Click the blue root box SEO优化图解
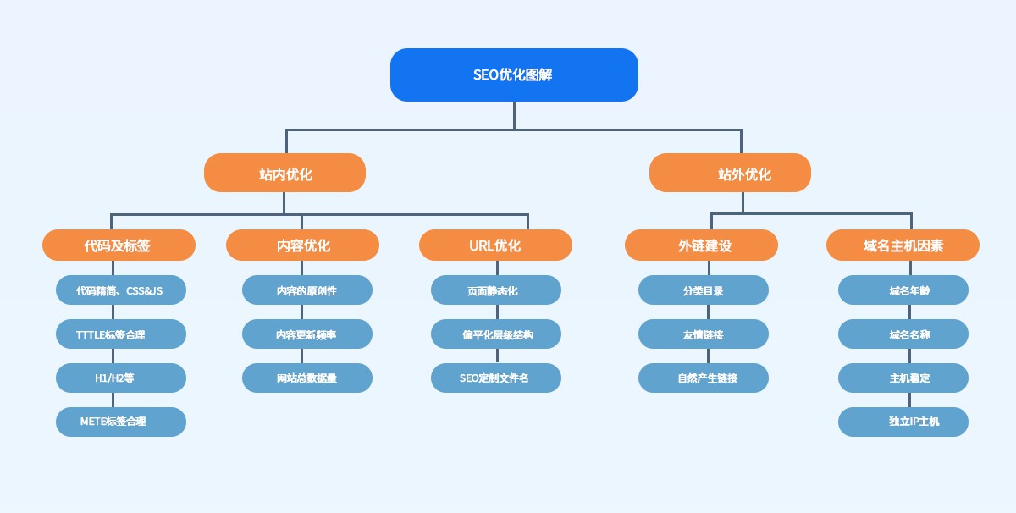tap(514, 74)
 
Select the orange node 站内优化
tap(284, 174)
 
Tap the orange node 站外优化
tap(730, 174)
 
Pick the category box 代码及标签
tap(119, 245)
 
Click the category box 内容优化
tap(302, 245)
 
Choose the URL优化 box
tap(495, 245)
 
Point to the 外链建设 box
tap(701, 245)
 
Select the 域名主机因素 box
tap(903, 245)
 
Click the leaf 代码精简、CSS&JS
tap(121, 290)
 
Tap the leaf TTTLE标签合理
tap(121, 334)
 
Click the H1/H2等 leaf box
tap(121, 378)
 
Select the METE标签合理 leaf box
tap(121, 422)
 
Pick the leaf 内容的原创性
tap(307, 290)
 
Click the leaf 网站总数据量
tap(307, 378)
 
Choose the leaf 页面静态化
tap(496, 290)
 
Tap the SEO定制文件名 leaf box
tap(496, 378)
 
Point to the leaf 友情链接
tap(704, 334)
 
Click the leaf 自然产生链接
tap(704, 378)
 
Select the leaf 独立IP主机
tap(903, 422)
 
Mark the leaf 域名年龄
tap(903, 290)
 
